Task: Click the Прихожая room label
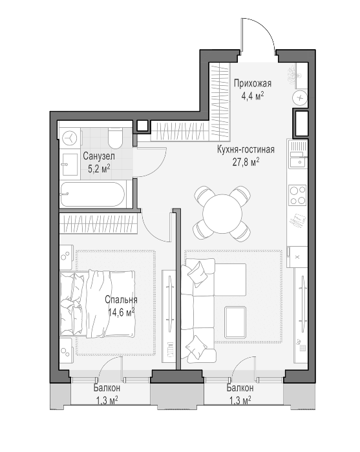253,83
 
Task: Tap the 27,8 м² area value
246,162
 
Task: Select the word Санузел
99,156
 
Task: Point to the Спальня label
121,300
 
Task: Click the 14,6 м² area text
122,312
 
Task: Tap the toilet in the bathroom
115,138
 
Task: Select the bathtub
92,194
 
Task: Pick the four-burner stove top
297,196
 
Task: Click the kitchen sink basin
298,162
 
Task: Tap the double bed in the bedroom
98,303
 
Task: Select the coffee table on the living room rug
235,322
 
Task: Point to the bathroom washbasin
69,164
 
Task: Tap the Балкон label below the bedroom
107,388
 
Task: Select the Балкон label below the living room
240,388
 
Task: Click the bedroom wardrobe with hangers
98,223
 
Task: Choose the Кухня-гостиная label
246,150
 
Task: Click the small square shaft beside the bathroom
142,126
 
